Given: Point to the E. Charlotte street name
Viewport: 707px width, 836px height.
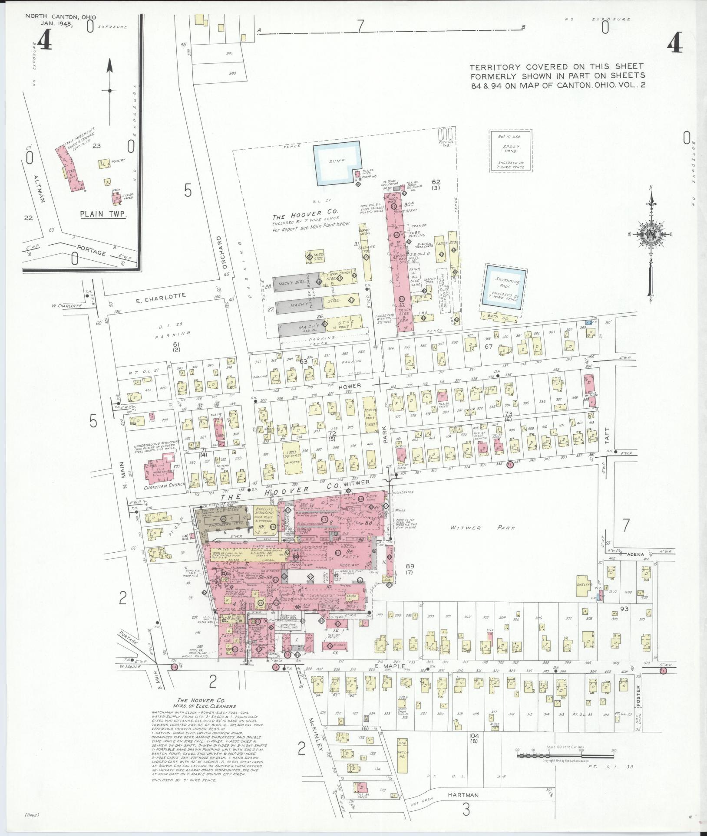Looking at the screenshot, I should click(161, 297).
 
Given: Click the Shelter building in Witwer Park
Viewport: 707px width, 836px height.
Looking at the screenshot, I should click(584, 584).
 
